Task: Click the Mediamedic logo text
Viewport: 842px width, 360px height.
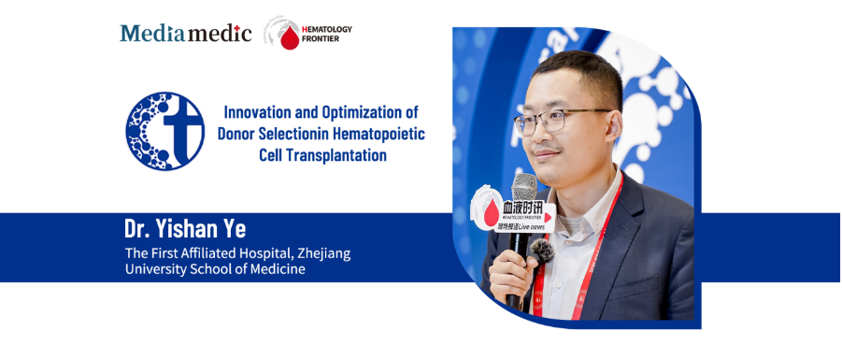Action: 185,34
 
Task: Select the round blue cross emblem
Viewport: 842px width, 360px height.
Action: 164,131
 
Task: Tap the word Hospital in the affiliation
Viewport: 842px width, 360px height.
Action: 253,252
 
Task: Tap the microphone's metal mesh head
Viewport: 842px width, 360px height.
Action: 523,186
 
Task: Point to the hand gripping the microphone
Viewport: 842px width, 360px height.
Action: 510,276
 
